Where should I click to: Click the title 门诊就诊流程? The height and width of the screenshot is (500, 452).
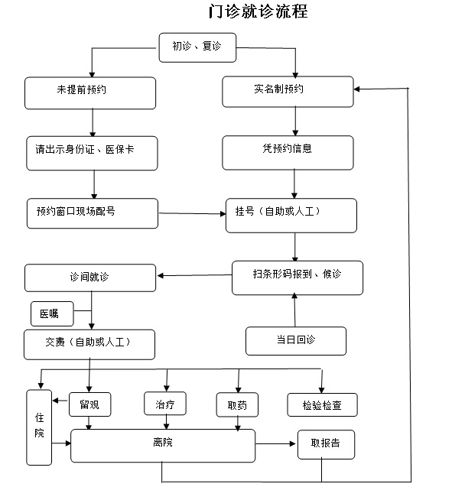(x=258, y=11)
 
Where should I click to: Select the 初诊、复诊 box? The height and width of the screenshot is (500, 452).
(x=197, y=47)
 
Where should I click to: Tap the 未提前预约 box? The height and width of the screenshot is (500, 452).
(x=90, y=93)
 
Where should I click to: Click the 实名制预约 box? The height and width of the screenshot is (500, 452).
(x=288, y=92)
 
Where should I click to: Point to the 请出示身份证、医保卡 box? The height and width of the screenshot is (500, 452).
(x=92, y=153)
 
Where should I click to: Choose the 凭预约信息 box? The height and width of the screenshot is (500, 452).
(x=288, y=152)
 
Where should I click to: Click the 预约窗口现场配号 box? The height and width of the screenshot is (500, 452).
(x=93, y=213)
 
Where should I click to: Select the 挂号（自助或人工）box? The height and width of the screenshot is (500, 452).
(x=291, y=216)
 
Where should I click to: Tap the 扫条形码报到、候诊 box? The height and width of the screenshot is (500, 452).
(x=298, y=278)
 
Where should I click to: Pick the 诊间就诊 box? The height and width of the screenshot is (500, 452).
(x=90, y=278)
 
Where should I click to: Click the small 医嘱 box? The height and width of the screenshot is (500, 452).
(x=52, y=313)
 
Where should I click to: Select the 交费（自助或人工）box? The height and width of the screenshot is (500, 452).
(x=89, y=345)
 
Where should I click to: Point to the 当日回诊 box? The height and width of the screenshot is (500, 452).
(x=296, y=341)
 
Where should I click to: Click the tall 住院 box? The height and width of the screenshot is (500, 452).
(x=39, y=427)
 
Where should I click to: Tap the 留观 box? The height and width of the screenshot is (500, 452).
(x=90, y=404)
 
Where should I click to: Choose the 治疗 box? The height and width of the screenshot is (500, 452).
(x=165, y=404)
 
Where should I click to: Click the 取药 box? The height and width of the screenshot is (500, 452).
(x=237, y=404)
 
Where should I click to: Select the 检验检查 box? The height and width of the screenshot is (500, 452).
(x=323, y=404)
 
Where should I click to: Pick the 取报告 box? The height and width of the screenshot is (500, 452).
(x=326, y=444)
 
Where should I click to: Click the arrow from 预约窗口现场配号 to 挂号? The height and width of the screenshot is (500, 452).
(x=192, y=213)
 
